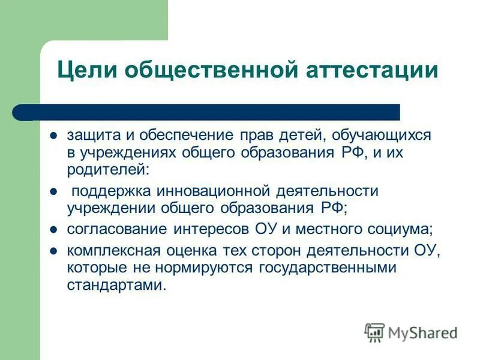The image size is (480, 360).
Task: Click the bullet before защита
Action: point(53,136)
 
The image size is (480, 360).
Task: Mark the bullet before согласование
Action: point(53,229)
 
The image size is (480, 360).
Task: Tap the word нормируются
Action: point(208,267)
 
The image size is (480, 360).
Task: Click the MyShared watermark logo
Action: point(411,332)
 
